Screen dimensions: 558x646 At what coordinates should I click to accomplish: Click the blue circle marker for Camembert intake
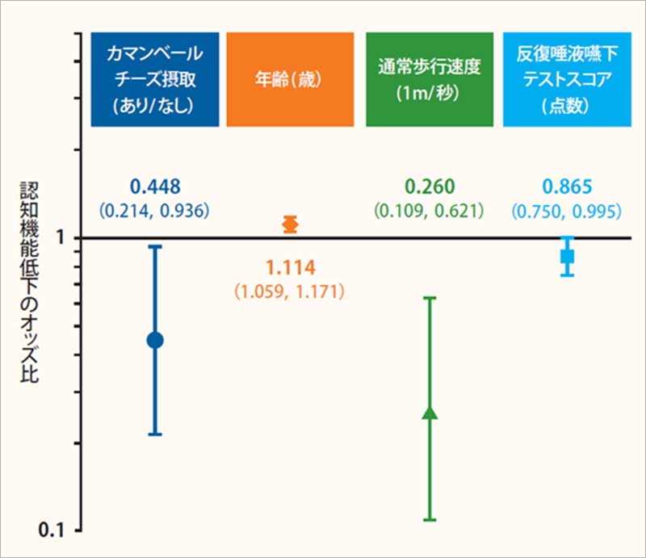155,340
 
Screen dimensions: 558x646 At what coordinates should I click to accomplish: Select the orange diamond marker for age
291,224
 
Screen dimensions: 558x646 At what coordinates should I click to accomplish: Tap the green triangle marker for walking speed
430,413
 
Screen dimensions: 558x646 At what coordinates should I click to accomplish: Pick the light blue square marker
568,256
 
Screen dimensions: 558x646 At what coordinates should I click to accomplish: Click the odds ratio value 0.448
154,188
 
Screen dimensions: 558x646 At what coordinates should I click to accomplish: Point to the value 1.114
290,268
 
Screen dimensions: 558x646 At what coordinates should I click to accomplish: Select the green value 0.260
429,188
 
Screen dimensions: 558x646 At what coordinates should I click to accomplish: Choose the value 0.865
567,188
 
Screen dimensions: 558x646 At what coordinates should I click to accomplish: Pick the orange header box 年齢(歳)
290,80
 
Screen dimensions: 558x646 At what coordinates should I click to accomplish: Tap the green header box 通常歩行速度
429,80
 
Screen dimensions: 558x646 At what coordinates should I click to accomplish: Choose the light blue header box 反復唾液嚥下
567,80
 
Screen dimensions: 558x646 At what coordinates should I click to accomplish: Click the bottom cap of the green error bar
430,519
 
